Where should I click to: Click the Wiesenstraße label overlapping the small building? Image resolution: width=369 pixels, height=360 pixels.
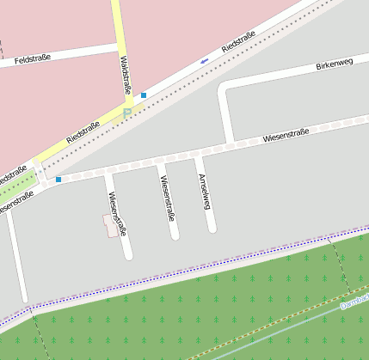click(x=118, y=214)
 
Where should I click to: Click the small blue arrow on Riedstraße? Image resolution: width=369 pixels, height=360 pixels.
click(x=204, y=60)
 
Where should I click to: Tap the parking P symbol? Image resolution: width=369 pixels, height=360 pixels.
click(x=127, y=112)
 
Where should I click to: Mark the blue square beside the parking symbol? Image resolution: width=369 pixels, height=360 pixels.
click(x=144, y=95)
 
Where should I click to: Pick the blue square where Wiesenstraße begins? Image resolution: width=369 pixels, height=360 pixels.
click(x=58, y=180)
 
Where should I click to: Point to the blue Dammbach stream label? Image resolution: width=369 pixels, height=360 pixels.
click(x=354, y=303)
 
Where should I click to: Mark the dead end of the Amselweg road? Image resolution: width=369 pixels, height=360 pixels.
click(x=212, y=228)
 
